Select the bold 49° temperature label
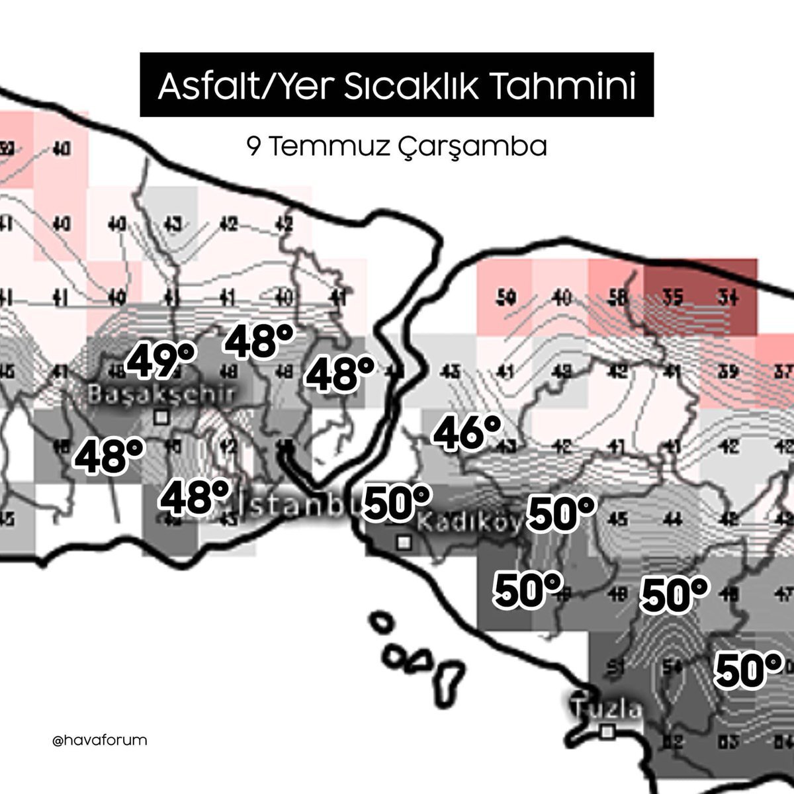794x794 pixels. tap(161, 361)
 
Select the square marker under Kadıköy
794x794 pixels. tap(403, 543)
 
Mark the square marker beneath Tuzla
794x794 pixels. tap(607, 731)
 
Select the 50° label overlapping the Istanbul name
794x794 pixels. tap(398, 503)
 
